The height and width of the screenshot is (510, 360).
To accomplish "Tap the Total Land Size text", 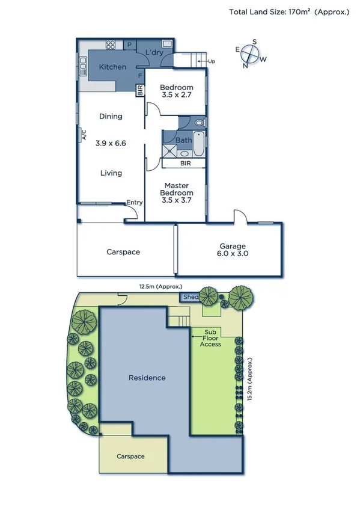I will [x=288, y=11].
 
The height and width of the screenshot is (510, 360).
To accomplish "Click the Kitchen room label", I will [x=112, y=67].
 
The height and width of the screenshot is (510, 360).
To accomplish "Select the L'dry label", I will [x=154, y=53].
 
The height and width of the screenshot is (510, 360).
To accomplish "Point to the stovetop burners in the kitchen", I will [x=111, y=44].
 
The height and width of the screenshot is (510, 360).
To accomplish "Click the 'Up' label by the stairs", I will [x=212, y=61].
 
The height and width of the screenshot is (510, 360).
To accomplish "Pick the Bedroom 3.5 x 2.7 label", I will [x=177, y=91].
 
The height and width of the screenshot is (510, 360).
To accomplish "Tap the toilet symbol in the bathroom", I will [x=200, y=123].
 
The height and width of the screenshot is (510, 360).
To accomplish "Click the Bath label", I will [x=184, y=140].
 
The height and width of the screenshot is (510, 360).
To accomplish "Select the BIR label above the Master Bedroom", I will [x=185, y=163].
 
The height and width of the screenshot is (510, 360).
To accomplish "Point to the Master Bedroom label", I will [x=176, y=192].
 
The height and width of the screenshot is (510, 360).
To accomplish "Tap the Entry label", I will [x=135, y=203].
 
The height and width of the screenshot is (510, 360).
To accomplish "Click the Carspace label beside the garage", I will [x=123, y=252].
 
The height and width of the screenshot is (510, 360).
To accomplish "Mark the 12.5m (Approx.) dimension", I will [x=161, y=287].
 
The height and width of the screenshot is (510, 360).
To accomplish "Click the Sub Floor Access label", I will [x=211, y=338].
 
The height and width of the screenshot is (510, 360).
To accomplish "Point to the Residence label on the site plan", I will [x=147, y=378].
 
